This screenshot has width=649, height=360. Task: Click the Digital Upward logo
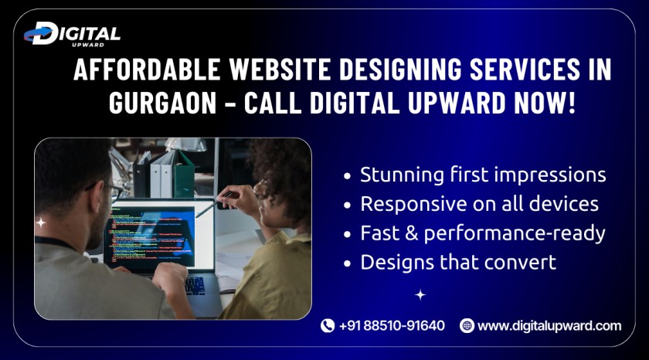click(72, 34)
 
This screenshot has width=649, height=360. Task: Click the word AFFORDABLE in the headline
click(147, 69)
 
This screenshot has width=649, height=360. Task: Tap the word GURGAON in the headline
click(163, 102)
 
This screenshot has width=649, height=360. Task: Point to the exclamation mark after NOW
click(572, 102)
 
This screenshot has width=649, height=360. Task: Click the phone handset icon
click(328, 326)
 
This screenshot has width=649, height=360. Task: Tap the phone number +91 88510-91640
click(392, 326)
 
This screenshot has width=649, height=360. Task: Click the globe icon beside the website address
click(467, 326)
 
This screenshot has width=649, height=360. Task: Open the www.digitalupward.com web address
click(549, 326)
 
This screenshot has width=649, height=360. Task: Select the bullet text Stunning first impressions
click(483, 175)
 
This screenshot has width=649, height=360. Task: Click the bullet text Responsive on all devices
click(479, 204)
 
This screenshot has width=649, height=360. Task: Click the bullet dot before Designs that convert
click(347, 263)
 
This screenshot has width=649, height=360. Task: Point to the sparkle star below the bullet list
click(420, 294)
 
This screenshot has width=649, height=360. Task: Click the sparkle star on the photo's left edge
click(40, 223)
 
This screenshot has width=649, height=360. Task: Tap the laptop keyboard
click(195, 286)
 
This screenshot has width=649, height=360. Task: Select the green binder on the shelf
click(184, 174)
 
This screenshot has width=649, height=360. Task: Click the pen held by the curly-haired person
click(216, 204)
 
